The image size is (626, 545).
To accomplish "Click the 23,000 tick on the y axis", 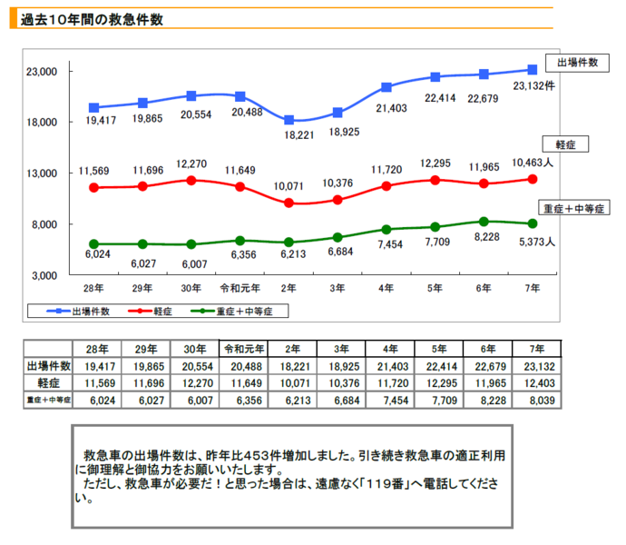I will point(42,72).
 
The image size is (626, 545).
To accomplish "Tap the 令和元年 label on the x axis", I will point(240,288).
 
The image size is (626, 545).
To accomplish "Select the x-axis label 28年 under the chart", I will point(93,288).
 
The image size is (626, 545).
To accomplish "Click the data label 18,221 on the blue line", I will point(289,134).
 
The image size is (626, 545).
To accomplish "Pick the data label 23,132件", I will point(533,86).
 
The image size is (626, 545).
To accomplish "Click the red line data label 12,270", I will point(191,164).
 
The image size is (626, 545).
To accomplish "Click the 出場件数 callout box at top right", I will point(577,63).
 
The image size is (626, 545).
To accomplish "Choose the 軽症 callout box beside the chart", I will point(565,144).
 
